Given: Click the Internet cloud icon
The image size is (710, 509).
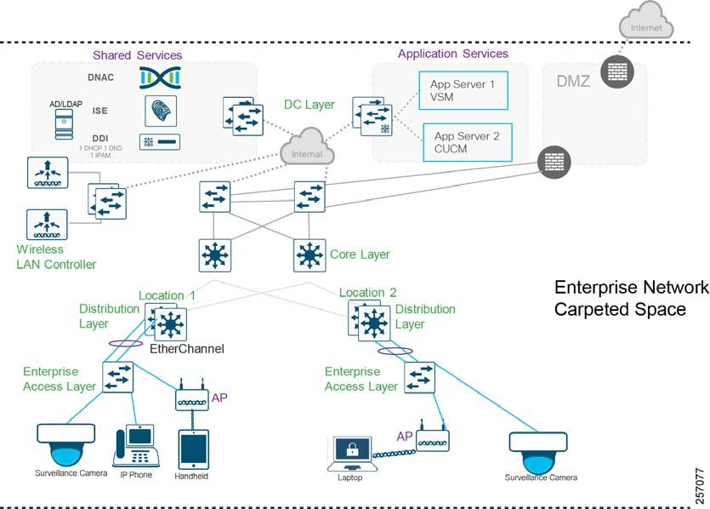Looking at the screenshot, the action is click(x=646, y=21).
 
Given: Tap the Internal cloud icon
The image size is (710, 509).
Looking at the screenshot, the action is click(x=307, y=146).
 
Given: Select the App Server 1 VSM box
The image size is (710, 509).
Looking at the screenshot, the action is click(x=463, y=90).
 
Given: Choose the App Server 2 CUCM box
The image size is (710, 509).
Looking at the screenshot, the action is click(x=468, y=142).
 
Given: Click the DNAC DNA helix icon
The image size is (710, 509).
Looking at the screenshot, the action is click(x=161, y=77).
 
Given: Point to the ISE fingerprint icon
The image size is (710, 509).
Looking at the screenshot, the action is click(x=161, y=111).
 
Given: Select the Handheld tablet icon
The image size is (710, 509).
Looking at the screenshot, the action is click(x=193, y=449).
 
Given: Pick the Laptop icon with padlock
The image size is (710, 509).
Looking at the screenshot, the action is click(x=352, y=455).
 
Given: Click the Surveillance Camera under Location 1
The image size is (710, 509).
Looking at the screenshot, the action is click(x=66, y=445).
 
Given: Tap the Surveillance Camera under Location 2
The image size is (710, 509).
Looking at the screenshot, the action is click(x=538, y=453).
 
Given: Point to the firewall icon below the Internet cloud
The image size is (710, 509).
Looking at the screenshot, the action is click(x=617, y=71).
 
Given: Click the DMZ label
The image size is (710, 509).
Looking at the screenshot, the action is click(x=573, y=82).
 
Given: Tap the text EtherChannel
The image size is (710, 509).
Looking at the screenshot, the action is click(x=187, y=348).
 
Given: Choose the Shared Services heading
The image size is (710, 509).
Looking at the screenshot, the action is click(x=137, y=55).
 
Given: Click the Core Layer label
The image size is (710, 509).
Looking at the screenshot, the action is click(x=360, y=254).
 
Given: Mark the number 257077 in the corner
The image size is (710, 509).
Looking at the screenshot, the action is click(x=700, y=486).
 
